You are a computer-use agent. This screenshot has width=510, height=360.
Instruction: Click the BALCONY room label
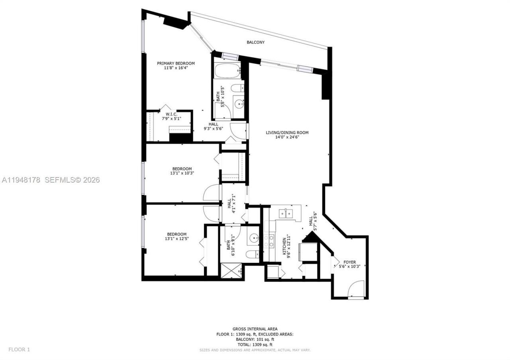point(255,42)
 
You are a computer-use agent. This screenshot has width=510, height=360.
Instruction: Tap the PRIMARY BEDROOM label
point(176,63)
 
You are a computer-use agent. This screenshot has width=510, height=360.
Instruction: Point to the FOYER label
point(349,262)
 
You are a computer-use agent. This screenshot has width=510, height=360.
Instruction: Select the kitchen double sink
point(286,213)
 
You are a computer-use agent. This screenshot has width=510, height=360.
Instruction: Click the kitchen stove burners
point(270,241)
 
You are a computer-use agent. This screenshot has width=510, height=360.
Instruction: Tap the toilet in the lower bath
point(251,255)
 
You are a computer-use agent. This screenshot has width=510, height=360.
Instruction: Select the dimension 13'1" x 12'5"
point(177,239)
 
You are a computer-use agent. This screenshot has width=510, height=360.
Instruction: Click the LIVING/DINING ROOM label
point(287,133)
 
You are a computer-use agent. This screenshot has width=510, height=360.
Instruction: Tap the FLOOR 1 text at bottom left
point(19,350)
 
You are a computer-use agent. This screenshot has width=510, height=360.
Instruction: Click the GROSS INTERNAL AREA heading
point(255,329)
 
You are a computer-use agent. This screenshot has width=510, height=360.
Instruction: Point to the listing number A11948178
point(21,180)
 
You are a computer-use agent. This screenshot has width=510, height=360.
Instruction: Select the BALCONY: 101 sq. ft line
point(255,339)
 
